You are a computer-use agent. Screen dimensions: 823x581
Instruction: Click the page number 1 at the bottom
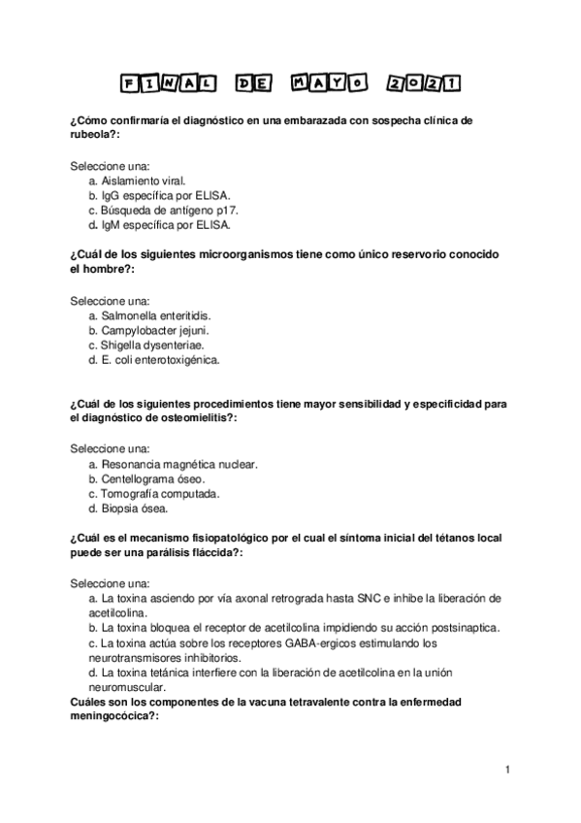coord(507,770)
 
